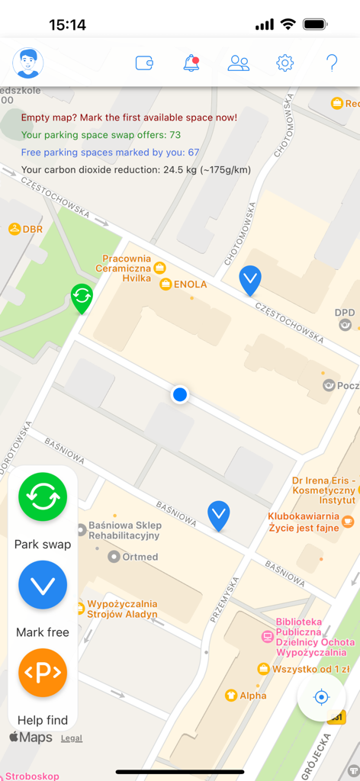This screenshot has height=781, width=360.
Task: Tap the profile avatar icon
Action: pyautogui.click(x=28, y=63)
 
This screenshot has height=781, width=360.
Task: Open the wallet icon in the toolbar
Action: pyautogui.click(x=145, y=63)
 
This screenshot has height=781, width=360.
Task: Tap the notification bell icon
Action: pyautogui.click(x=191, y=63)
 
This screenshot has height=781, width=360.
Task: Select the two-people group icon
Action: pyautogui.click(x=239, y=63)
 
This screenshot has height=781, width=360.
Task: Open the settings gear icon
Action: pyautogui.click(x=285, y=63)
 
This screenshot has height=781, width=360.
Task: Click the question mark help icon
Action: pyautogui.click(x=332, y=63)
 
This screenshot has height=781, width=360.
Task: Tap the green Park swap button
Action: pyautogui.click(x=43, y=497)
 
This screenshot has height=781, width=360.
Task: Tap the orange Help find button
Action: pyautogui.click(x=43, y=673)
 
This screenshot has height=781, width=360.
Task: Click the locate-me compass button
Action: pyautogui.click(x=322, y=697)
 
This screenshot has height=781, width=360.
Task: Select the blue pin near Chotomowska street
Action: pyautogui.click(x=250, y=279)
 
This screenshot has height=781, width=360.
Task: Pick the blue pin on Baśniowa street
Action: pyautogui.click(x=219, y=515)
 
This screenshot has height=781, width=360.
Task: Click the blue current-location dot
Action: pyautogui.click(x=180, y=394)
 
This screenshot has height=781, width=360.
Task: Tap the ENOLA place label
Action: pyautogui.click(x=189, y=284)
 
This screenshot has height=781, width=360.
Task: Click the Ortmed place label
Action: pyautogui.click(x=140, y=557)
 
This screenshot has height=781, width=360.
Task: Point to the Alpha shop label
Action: pyautogui.click(x=252, y=696)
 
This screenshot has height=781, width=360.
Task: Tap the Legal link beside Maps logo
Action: pyautogui.click(x=72, y=738)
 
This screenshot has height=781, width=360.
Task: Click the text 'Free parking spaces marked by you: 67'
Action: pyautogui.click(x=110, y=153)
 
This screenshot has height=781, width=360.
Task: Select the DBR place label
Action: pyautogui.click(x=32, y=229)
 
